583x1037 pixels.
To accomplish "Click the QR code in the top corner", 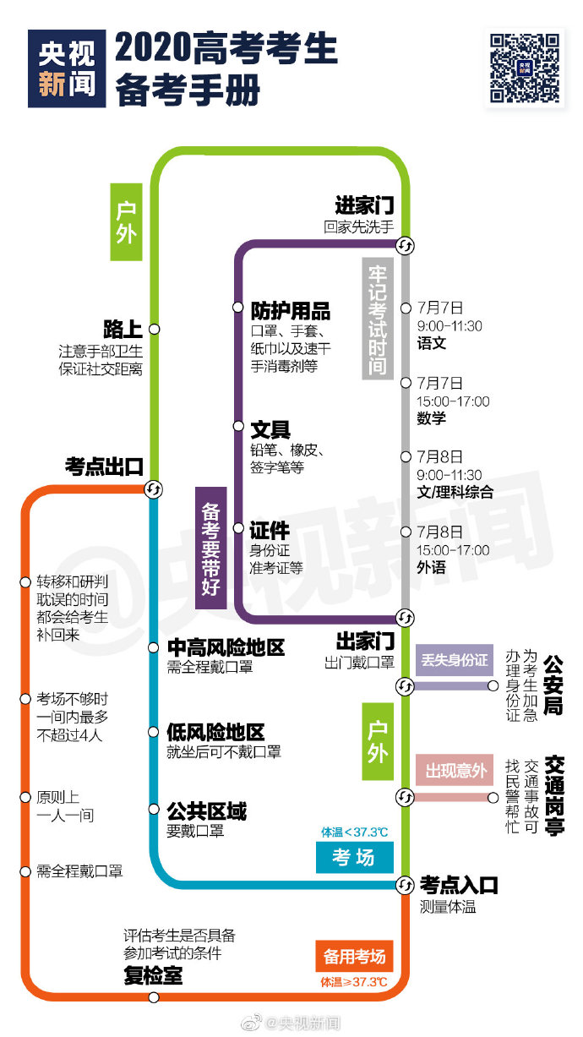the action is [525, 68].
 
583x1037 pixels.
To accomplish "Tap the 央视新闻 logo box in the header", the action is [67, 68].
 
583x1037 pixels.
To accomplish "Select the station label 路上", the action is [123, 329].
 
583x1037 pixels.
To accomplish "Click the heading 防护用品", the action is [291, 311].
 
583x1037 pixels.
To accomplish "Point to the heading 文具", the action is [270, 429].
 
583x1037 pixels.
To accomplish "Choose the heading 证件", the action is [270, 530].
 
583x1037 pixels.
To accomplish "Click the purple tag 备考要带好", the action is [211, 548].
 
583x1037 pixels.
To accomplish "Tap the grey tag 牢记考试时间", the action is [378, 319].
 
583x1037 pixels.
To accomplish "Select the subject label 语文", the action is [431, 343].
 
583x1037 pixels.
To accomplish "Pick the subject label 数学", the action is [431, 418].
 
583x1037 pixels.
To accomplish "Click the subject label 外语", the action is [431, 567].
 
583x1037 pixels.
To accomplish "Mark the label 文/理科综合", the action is [455, 492].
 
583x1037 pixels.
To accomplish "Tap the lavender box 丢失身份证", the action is [455, 660].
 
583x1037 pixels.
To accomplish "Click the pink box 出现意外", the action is [455, 770].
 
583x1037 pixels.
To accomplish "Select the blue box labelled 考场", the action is [354, 857].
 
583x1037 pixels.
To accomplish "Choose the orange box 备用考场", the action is [354, 956].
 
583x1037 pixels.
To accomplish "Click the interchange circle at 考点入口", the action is [405, 885].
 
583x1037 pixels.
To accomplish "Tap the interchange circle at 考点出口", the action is [153, 489].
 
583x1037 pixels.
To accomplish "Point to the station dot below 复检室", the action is [154, 997].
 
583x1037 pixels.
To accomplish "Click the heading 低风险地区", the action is [215, 733].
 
